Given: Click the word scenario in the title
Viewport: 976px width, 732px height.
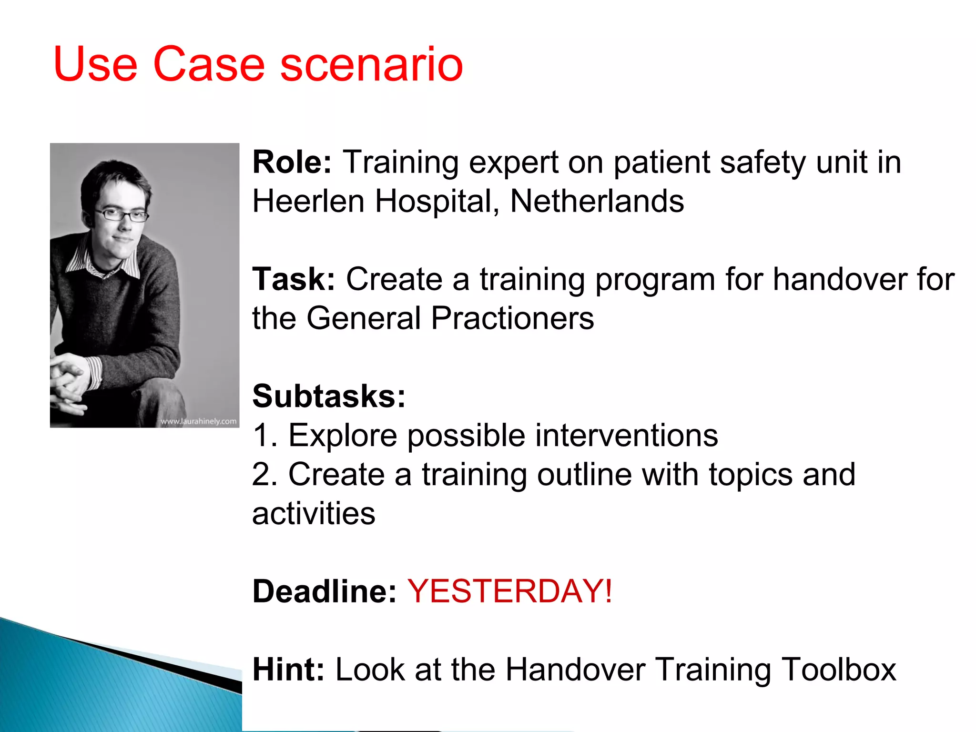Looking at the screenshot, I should [371, 64].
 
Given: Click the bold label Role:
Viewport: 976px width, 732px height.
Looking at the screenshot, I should [292, 163].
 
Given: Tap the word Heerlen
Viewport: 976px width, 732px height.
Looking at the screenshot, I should [308, 201].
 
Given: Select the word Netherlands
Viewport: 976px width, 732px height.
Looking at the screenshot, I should [597, 201].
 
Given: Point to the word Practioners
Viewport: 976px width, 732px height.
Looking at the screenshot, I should [512, 318].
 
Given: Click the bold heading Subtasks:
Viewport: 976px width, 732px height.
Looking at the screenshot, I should [329, 396].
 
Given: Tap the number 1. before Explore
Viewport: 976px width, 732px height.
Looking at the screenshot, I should [265, 436].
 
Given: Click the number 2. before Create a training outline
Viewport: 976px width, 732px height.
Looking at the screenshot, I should [265, 475].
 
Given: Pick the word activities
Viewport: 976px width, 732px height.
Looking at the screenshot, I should [314, 514].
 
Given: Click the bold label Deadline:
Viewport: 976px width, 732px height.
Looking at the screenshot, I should [324, 591].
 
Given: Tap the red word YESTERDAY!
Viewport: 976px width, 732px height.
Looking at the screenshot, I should [509, 591].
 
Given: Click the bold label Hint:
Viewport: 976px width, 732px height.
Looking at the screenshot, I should [288, 670].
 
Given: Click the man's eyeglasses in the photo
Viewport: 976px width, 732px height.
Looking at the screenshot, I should [122, 215].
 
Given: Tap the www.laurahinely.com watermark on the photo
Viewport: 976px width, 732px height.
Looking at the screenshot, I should [198, 421].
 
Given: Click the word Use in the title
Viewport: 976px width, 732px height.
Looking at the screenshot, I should [95, 64].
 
